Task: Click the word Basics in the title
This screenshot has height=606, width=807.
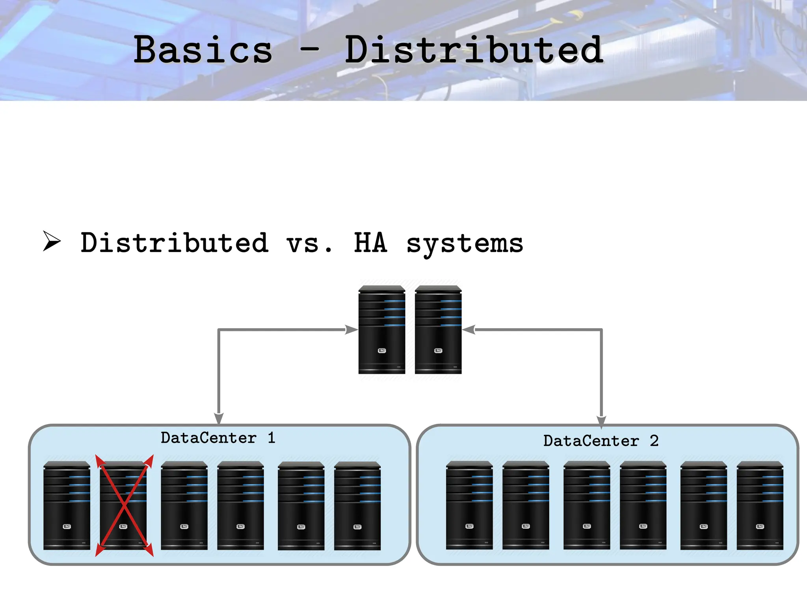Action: [203, 50]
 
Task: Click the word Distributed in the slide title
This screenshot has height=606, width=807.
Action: [474, 50]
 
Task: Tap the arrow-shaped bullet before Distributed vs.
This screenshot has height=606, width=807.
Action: [52, 241]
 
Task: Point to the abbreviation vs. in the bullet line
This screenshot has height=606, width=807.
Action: [309, 243]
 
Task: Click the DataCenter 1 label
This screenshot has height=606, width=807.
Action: [218, 438]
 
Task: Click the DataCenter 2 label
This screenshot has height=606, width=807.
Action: [601, 441]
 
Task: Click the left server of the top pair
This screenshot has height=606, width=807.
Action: [381, 330]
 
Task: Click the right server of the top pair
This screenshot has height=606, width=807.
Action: [438, 330]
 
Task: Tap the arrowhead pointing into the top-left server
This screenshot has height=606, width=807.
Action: [351, 329]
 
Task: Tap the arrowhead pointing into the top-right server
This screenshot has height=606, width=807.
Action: [469, 329]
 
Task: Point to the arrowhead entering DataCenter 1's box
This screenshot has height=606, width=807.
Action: [219, 418]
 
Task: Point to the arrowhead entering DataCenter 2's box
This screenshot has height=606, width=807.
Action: [601, 421]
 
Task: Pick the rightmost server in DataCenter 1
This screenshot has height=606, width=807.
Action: [357, 506]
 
